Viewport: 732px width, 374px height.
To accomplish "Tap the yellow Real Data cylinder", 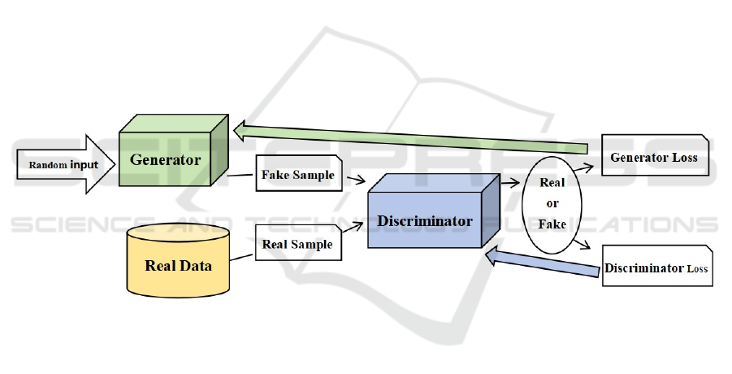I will (178, 264).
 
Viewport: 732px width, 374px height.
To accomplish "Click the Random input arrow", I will (65, 165).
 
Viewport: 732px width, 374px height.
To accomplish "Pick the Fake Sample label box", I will (297, 176).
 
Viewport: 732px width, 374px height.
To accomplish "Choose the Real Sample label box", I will (297, 242).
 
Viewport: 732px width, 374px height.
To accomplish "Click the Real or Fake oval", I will (552, 203).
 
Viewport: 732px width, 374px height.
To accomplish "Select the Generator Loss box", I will (655, 158).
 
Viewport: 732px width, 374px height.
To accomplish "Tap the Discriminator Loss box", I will (656, 268).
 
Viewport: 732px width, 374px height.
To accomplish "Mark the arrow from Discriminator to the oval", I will (511, 185).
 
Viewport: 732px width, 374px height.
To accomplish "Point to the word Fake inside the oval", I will (552, 224).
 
